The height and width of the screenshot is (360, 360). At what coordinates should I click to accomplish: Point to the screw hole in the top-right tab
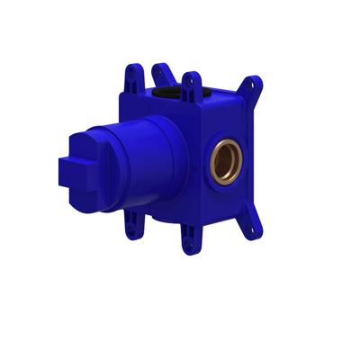[256, 85]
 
